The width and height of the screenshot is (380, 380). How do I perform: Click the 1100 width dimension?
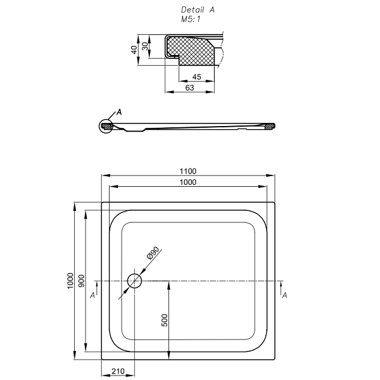(x=188, y=171)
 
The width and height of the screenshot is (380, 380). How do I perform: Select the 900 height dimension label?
(x=82, y=281)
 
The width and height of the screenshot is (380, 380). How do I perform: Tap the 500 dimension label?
(x=164, y=320)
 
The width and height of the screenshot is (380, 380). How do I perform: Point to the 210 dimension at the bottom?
(x=118, y=371)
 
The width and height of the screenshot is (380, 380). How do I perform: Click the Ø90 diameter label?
(x=153, y=253)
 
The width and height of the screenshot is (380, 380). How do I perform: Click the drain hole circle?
(x=134, y=281)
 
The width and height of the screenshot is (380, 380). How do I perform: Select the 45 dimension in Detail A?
(x=196, y=77)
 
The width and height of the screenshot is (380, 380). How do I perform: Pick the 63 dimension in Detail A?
(x=190, y=88)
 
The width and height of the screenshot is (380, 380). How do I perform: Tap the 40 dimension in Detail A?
(x=134, y=50)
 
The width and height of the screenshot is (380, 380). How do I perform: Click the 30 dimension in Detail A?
(x=145, y=46)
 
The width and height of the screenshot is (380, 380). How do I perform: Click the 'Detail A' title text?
(x=198, y=9)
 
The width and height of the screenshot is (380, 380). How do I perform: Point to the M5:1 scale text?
(x=191, y=19)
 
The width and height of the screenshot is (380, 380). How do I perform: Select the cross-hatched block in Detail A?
(x=191, y=51)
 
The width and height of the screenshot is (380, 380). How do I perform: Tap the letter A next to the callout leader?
(x=119, y=112)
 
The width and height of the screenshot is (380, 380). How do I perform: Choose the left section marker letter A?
(x=92, y=295)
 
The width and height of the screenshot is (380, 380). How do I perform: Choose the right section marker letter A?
(x=284, y=295)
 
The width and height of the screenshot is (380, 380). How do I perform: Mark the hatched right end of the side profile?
(x=270, y=126)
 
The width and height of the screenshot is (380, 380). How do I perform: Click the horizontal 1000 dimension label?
(x=188, y=182)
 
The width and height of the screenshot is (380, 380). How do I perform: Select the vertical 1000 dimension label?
(x=70, y=281)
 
